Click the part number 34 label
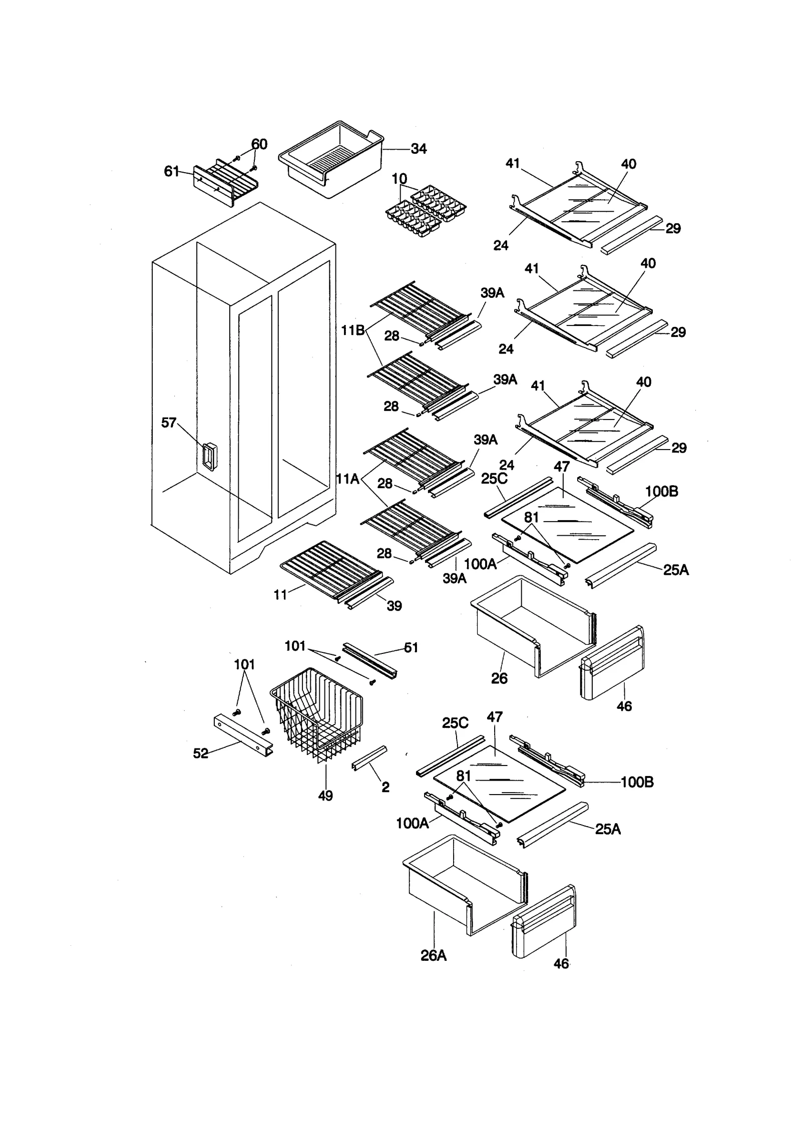point(419,149)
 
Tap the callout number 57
point(169,423)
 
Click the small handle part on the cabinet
point(210,456)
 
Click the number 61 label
point(171,172)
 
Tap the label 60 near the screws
point(259,144)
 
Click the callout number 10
point(399,179)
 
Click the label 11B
point(352,330)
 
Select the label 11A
point(348,479)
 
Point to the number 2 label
point(385,787)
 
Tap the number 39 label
point(394,606)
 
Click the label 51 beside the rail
point(411,647)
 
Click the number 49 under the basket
point(325,796)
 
